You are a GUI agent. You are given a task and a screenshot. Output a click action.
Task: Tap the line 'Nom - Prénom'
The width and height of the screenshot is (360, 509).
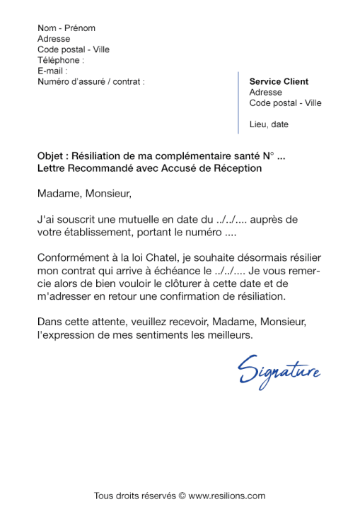click(x=66, y=28)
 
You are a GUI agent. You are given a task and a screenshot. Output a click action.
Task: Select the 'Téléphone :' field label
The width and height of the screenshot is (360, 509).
click(x=61, y=60)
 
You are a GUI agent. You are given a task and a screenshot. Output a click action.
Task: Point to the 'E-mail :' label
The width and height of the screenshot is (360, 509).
click(x=52, y=71)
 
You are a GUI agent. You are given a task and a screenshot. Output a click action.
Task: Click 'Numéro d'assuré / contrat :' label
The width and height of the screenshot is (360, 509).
click(x=91, y=81)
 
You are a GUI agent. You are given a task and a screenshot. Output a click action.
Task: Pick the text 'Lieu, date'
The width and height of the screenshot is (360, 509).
click(x=269, y=124)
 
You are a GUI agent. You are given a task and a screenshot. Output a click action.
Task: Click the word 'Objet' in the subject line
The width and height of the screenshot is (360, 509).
click(x=50, y=157)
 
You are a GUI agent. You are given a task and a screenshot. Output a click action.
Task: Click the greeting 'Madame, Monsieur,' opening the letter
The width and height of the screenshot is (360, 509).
click(x=85, y=192)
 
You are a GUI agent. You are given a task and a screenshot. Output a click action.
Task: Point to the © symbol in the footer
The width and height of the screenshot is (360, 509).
click(x=182, y=496)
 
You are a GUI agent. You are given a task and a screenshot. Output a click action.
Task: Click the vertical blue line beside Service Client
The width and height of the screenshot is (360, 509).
click(x=239, y=103)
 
